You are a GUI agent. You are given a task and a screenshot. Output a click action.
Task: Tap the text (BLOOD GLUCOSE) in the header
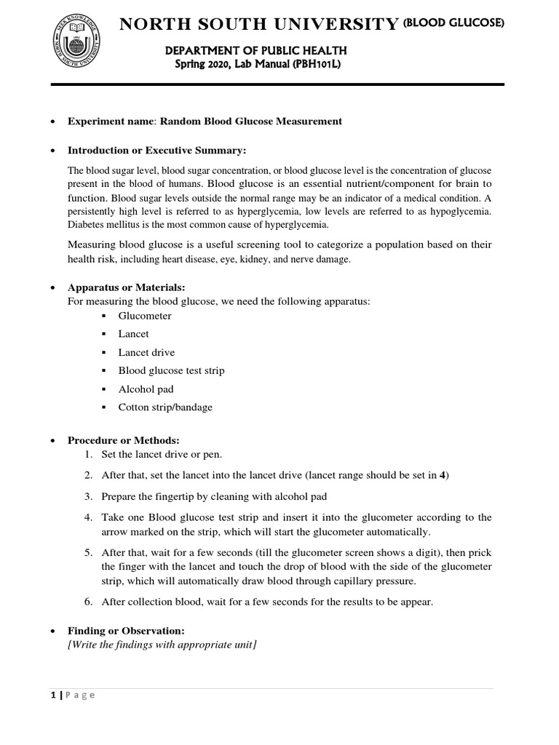454,24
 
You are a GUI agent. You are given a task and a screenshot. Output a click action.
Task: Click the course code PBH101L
314,65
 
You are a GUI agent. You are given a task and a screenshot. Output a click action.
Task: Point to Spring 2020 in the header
203,65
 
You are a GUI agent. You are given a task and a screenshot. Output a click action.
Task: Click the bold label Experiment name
111,121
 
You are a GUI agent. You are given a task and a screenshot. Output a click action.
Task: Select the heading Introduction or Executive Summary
157,151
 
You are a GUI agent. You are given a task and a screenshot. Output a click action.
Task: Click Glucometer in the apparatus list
145,316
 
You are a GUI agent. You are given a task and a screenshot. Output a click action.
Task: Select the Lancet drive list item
146,352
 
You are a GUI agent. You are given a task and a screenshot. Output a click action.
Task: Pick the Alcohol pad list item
146,389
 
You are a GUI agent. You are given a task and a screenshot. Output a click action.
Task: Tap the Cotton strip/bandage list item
165,407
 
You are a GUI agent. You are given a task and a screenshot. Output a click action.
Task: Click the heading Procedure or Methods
123,440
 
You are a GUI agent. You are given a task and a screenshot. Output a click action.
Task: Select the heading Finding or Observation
126,630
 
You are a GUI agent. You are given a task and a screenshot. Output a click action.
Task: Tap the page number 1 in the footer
54,695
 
